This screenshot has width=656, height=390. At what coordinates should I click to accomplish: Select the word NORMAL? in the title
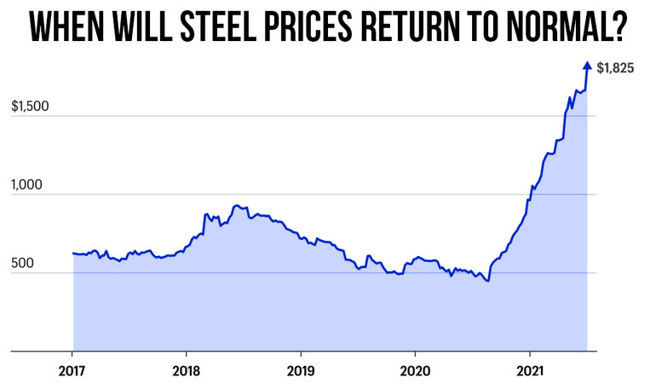[x=564, y=28]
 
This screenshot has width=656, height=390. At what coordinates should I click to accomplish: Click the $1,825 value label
[x=615, y=67]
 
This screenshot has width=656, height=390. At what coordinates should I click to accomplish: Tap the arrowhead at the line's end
[x=586, y=66]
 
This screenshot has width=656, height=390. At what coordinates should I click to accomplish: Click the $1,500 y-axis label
[x=30, y=107]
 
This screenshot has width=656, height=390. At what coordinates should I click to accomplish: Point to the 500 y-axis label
[x=23, y=264]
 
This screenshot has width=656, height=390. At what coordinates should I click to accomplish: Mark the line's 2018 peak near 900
[x=236, y=206]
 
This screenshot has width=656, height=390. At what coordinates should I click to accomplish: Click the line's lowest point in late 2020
[x=487, y=280]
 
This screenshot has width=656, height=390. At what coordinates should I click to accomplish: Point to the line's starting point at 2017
[x=73, y=253]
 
